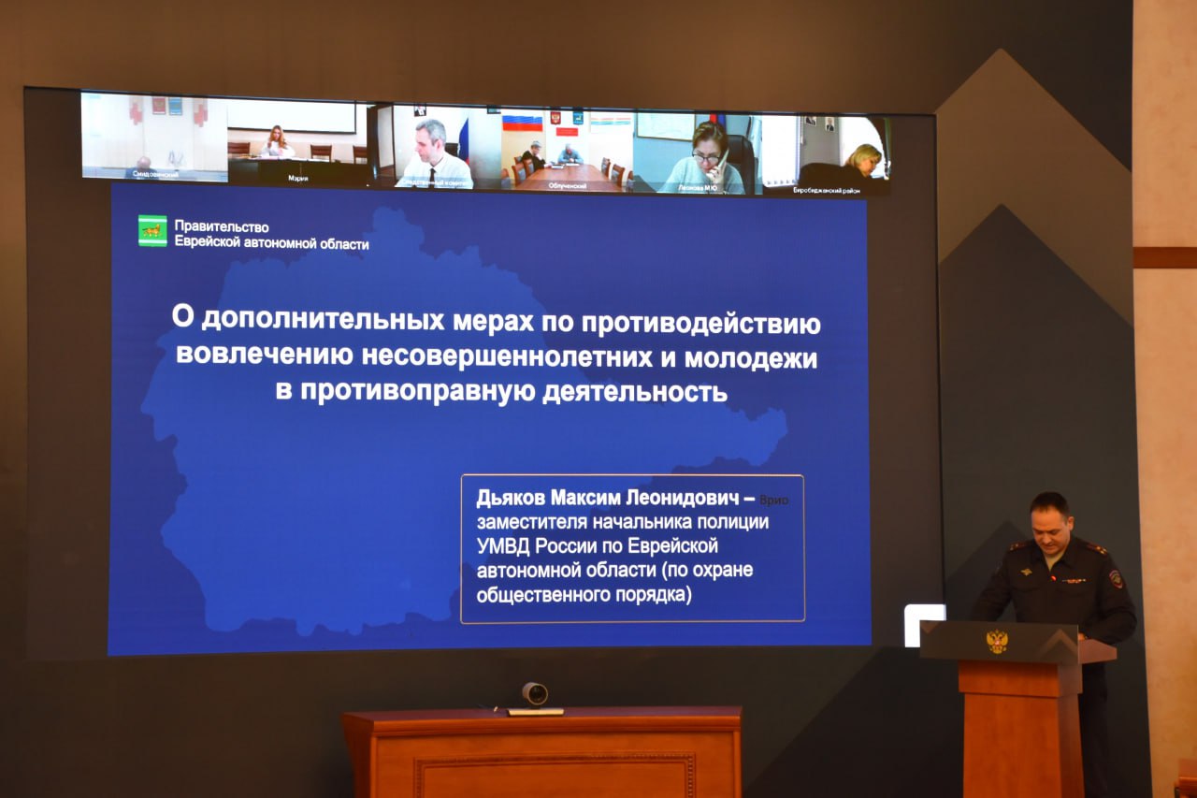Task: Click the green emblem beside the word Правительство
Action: [152, 231]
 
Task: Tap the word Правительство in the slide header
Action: [222, 226]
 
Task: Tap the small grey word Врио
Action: [774, 501]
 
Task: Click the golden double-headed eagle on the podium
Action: [997, 641]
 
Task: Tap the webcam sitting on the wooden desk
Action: [535, 694]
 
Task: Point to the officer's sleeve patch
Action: [1116, 578]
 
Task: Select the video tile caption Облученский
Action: [568, 186]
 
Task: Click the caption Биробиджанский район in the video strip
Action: [826, 190]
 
